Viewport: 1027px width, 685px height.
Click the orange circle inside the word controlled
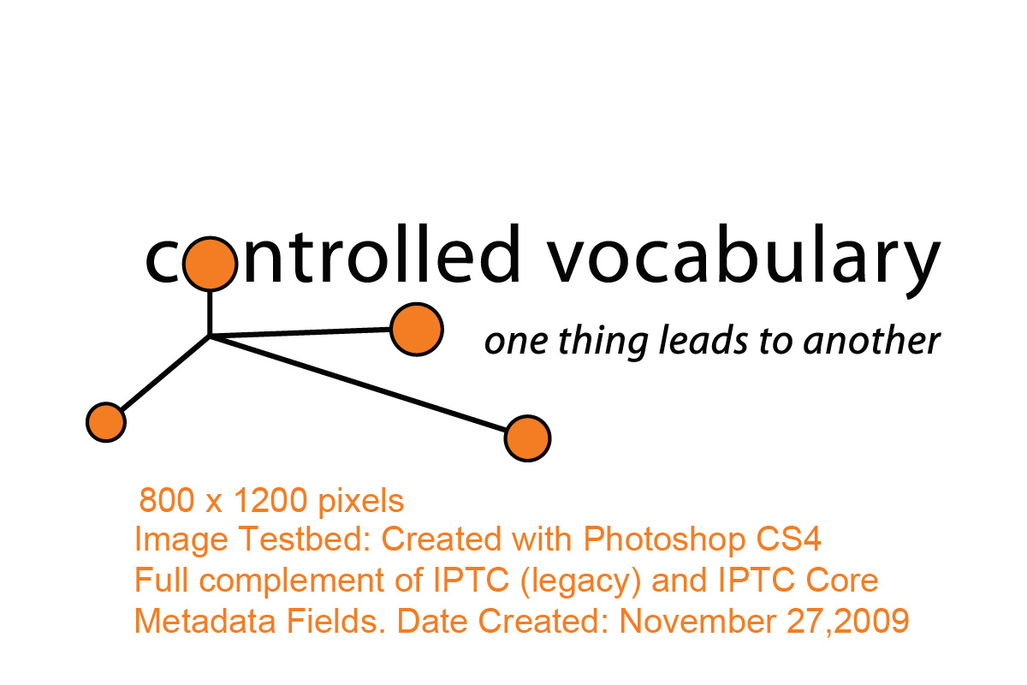click(210, 264)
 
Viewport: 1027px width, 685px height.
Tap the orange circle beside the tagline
click(417, 329)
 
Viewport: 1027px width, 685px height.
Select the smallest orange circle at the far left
click(106, 423)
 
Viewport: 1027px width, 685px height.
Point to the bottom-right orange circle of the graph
click(527, 438)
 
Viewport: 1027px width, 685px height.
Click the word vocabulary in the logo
click(743, 260)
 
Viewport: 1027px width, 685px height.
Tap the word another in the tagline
click(871, 342)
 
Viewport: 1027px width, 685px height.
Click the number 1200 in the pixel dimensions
click(270, 501)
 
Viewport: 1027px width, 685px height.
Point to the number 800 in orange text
click(166, 501)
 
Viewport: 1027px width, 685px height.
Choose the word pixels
click(361, 503)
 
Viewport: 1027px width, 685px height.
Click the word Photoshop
click(664, 540)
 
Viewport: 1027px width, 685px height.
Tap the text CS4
click(788, 539)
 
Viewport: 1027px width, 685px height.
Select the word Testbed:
click(305, 539)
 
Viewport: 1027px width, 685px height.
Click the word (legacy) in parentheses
click(580, 581)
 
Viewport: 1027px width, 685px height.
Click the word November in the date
click(698, 622)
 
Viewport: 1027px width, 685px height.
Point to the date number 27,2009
click(848, 622)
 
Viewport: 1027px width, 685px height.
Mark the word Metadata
click(205, 622)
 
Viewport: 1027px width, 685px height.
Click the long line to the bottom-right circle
click(358, 384)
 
